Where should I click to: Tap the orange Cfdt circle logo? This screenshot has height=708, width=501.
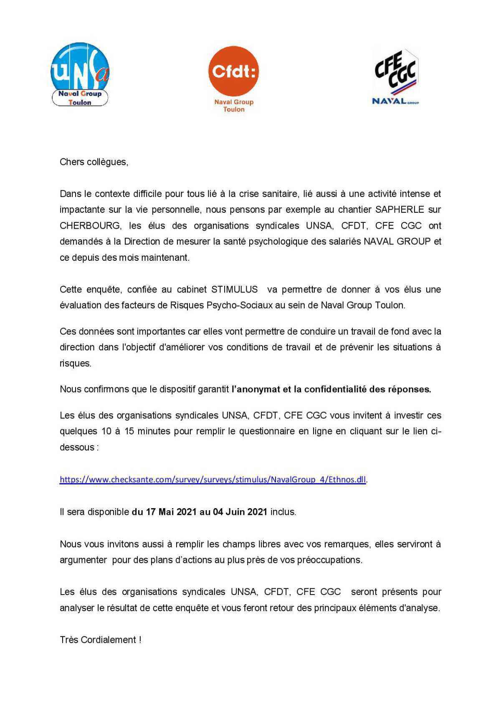(x=233, y=71)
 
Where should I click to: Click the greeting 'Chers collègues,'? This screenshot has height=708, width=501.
(x=94, y=162)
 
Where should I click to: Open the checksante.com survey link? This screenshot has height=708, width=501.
(x=213, y=479)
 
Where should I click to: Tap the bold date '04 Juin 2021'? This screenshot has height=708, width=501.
(x=240, y=512)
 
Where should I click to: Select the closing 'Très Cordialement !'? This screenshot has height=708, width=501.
(x=101, y=640)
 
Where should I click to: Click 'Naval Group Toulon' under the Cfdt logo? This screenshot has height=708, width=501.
(x=234, y=106)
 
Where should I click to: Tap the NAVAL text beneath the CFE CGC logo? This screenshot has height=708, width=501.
(x=389, y=101)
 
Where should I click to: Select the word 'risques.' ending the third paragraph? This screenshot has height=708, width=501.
(x=76, y=363)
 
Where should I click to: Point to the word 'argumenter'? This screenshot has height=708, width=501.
(x=83, y=560)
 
